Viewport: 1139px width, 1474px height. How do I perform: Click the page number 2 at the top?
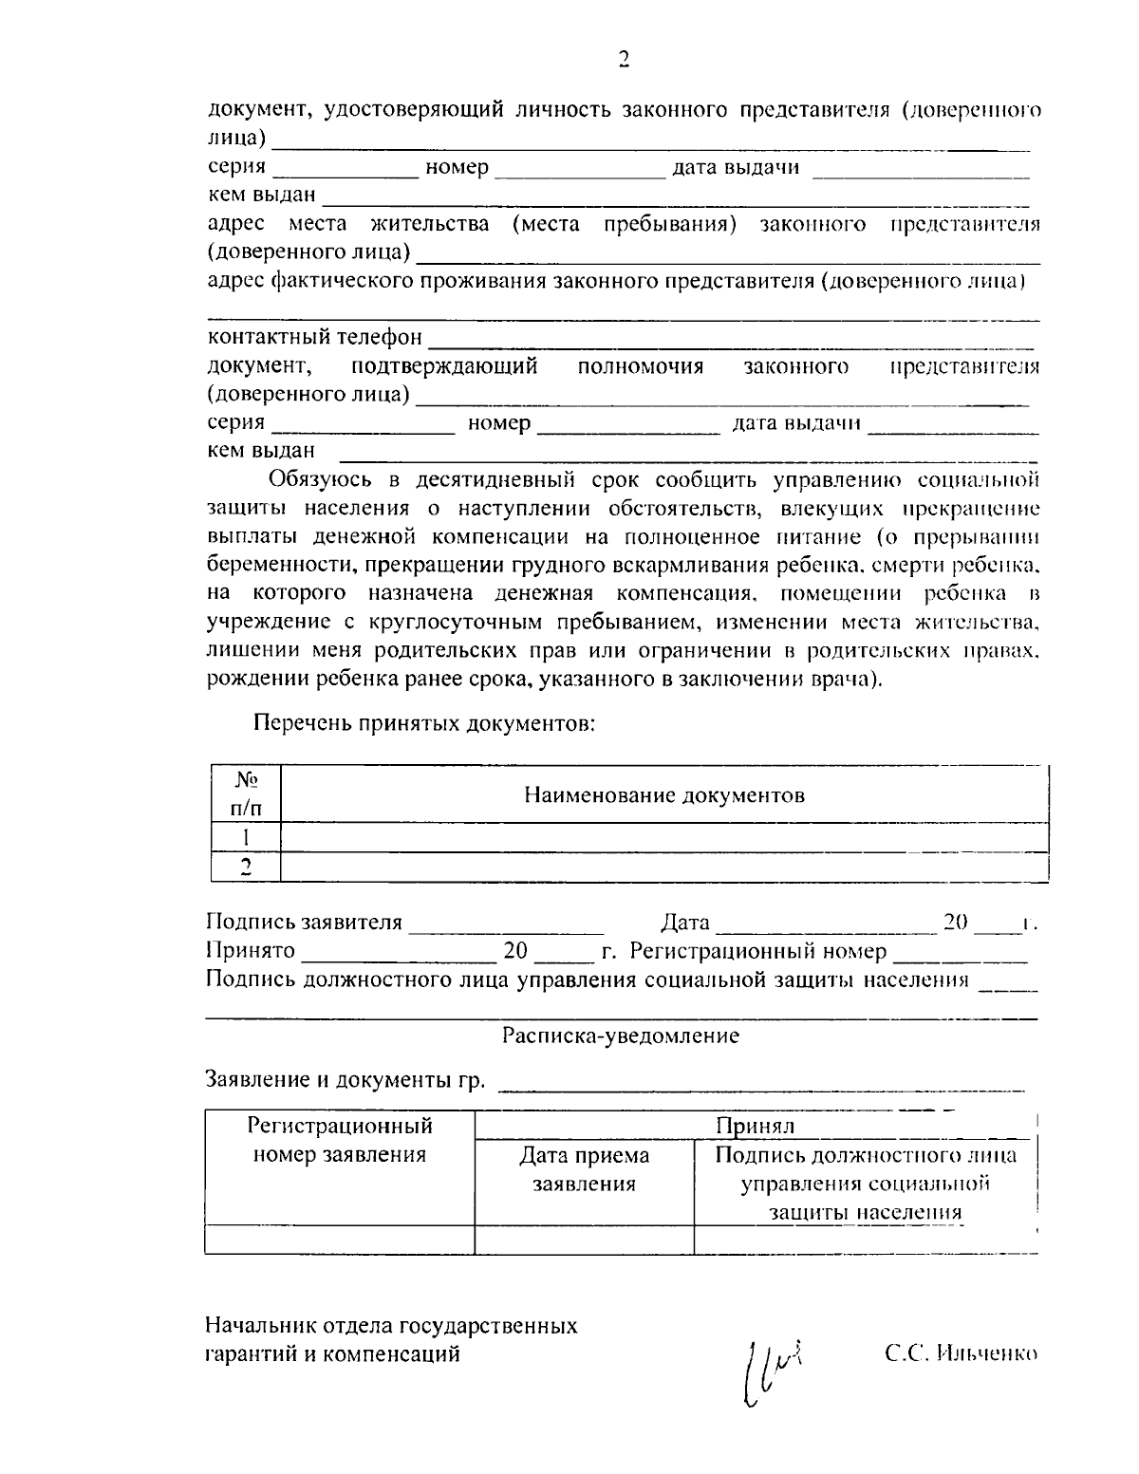point(624,60)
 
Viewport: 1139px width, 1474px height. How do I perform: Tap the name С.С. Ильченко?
point(962,1353)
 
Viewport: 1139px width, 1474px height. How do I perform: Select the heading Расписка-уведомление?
point(621,1036)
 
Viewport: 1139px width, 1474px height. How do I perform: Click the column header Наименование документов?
point(664,794)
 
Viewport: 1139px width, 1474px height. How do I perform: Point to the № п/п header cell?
point(245,793)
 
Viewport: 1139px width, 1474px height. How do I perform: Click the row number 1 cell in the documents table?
point(245,837)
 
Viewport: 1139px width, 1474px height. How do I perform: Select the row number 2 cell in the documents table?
point(245,867)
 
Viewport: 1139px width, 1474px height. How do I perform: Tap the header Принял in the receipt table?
point(755,1125)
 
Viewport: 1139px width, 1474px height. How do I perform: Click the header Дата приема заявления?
point(584,1169)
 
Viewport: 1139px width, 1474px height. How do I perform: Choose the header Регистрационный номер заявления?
point(340,1140)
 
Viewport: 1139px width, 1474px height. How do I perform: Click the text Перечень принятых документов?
point(423,724)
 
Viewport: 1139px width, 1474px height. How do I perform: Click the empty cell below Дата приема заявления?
point(584,1239)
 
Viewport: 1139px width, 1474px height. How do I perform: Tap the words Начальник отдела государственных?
point(391,1325)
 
